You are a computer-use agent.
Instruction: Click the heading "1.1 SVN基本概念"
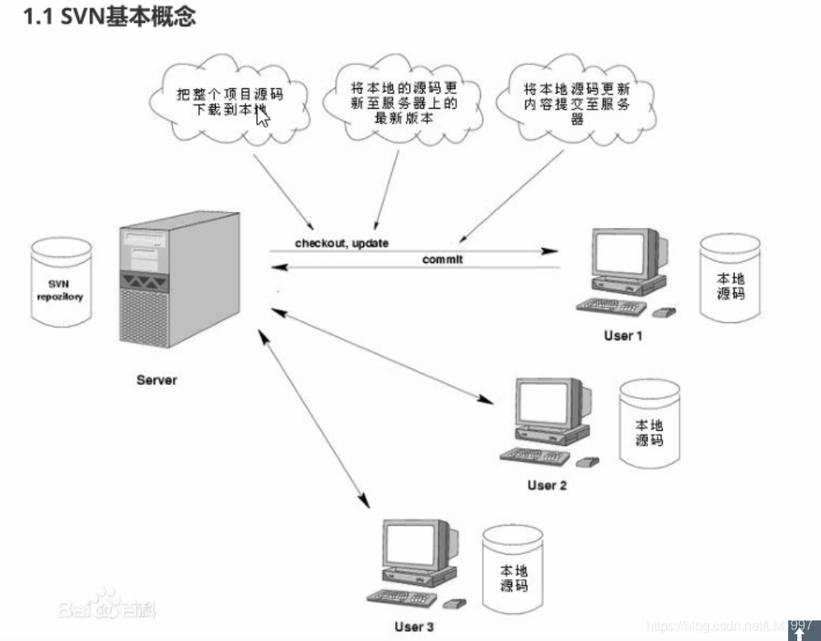(110, 16)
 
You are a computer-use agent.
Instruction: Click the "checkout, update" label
(341, 243)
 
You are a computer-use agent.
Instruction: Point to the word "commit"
(443, 260)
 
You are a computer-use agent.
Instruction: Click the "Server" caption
(156, 381)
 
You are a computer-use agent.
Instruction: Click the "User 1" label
(623, 335)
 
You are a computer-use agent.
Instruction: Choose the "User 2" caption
(547, 485)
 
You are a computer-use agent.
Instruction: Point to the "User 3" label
(414, 627)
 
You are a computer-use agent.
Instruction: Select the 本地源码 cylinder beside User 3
(514, 570)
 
